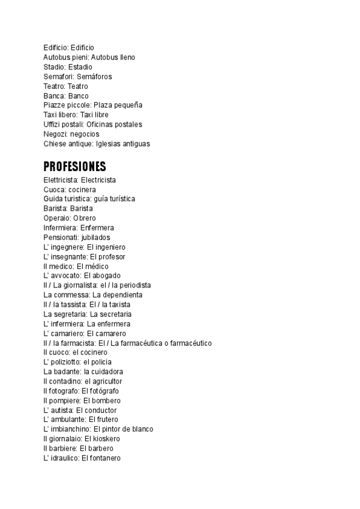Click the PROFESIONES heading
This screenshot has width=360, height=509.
[74, 166]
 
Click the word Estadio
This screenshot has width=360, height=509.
[80, 67]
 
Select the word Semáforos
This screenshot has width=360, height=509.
[94, 76]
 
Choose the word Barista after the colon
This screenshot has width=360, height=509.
[82, 208]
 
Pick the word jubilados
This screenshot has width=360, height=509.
[95, 237]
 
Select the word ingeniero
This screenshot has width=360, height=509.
[110, 247]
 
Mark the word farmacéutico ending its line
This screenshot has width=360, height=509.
[190, 343]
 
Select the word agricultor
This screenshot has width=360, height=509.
[107, 381]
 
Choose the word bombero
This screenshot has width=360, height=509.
[106, 400]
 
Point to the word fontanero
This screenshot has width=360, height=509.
[106, 458]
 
